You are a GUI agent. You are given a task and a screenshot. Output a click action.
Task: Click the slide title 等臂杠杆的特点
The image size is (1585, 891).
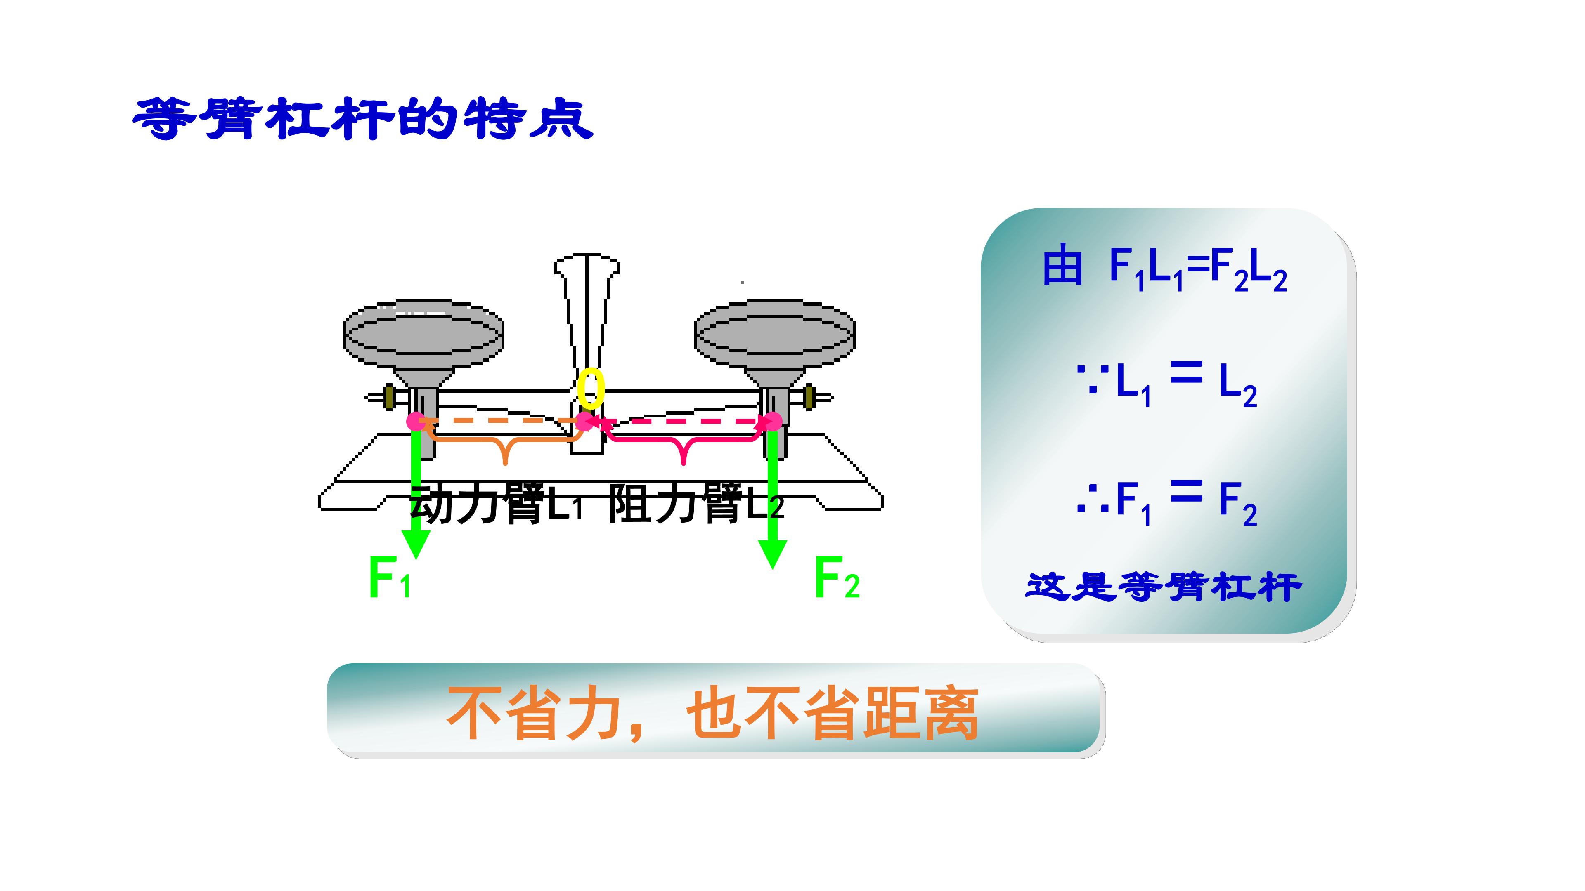(363, 119)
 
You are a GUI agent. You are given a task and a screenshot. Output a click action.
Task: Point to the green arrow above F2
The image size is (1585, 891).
(772, 495)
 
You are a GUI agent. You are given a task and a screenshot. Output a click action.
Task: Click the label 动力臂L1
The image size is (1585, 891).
(496, 504)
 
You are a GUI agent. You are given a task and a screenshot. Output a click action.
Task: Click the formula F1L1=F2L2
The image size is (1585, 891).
(1198, 271)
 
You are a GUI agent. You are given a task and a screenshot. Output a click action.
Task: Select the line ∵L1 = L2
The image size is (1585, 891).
(1166, 384)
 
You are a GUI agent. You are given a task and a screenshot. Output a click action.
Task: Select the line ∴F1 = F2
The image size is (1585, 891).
(1166, 503)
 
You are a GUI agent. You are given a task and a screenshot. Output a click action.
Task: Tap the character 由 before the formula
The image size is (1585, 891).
(1062, 267)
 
